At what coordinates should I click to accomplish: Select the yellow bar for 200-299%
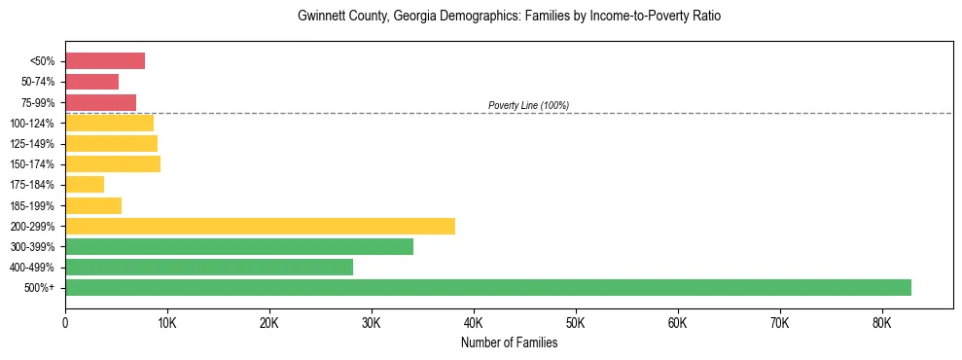point(260,226)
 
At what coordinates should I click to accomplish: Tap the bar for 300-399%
point(239,246)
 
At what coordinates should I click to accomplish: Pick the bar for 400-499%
point(209,267)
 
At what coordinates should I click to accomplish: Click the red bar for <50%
point(105,61)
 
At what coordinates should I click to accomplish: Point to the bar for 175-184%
point(85,185)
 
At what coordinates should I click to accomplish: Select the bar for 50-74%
point(91,82)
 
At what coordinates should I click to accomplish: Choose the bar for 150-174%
point(113,164)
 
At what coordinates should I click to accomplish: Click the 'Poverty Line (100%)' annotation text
point(528,105)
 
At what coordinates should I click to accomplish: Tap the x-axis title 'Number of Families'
point(509,342)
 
